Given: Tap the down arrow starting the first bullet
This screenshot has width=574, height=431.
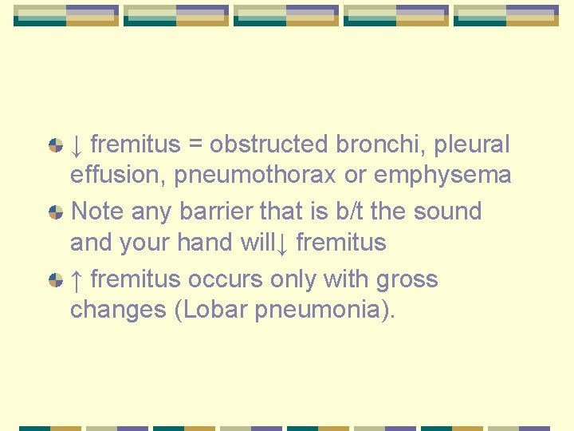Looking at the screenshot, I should coord(77,144).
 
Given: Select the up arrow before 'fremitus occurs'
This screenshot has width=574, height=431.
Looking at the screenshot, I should coord(77,279).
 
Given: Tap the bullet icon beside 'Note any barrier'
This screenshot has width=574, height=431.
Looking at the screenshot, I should coord(56,212).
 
